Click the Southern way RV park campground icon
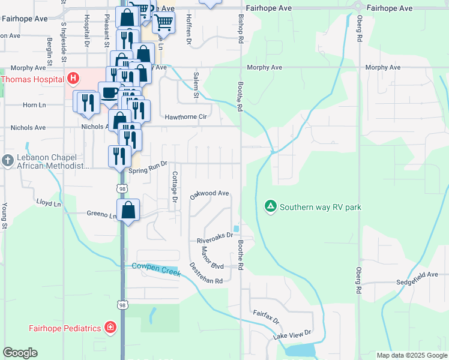[271, 207]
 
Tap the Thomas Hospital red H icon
[73, 78]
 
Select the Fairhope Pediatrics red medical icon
[110, 328]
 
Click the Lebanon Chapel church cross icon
[7, 161]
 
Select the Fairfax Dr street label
[266, 317]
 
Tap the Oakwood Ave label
[209, 194]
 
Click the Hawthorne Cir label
[185, 117]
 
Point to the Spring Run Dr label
[147, 170]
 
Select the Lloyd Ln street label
[49, 204]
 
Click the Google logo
[20, 353]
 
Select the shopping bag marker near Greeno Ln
[128, 211]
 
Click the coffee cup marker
[109, 93]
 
